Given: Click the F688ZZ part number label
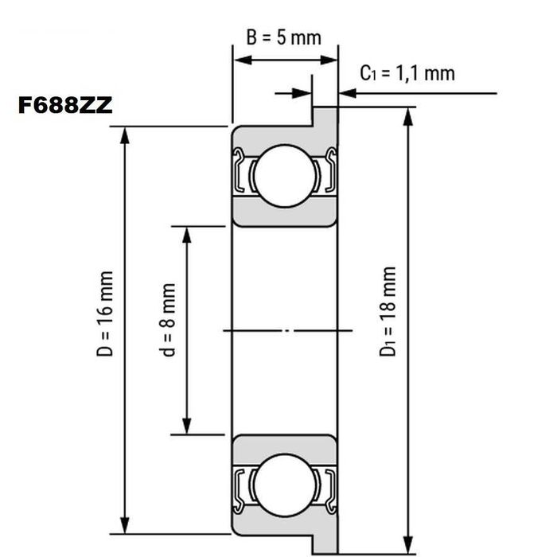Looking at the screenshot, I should point(65,106).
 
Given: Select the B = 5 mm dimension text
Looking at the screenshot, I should point(283,38).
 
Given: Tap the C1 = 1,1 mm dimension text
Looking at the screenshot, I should point(407,73).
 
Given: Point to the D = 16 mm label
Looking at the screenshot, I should point(107,314).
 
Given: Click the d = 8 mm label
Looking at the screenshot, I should point(168,331).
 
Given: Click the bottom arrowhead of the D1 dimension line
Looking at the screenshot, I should point(408,543).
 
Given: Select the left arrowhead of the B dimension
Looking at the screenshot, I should point(240,59).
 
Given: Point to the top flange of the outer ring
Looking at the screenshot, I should point(325,116).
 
